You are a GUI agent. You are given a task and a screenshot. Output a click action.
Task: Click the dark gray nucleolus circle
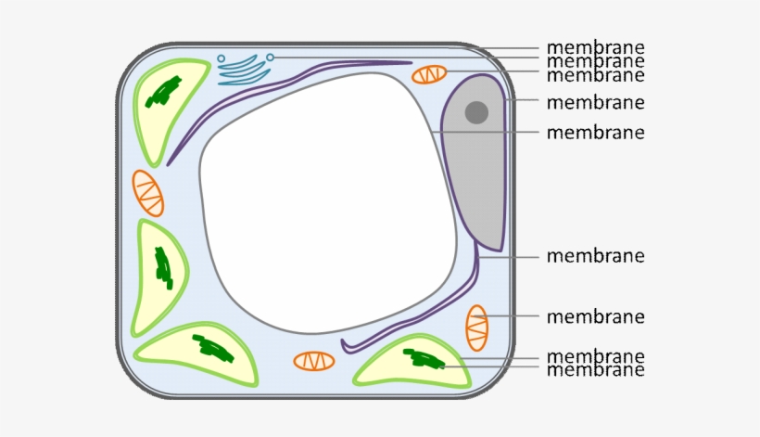[x=476, y=112]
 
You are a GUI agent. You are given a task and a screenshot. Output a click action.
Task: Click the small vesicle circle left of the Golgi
[x=221, y=58]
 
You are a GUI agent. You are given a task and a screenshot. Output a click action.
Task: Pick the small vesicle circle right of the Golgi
[x=270, y=58]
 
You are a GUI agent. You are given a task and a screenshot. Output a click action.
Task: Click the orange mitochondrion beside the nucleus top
[x=429, y=74]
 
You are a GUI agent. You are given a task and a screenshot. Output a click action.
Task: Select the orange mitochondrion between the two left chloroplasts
[x=148, y=193]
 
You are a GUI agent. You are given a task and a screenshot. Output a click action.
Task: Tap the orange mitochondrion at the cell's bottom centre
[x=314, y=361]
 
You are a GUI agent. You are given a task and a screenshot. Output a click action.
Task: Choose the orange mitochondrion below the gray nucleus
[x=476, y=328]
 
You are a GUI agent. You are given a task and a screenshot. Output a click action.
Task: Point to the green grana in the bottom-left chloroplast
[x=214, y=348]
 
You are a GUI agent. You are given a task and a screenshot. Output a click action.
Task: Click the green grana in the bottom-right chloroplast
[x=423, y=358]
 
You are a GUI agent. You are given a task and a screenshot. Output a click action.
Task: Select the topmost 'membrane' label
[x=595, y=47]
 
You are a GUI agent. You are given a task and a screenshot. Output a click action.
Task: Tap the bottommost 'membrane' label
[x=595, y=370]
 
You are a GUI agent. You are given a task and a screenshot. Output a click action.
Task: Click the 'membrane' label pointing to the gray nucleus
[x=595, y=102]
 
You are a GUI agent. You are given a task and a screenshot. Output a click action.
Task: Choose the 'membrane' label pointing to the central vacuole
[x=595, y=132]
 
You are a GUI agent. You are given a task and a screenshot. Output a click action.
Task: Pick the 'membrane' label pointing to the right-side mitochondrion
[x=595, y=316]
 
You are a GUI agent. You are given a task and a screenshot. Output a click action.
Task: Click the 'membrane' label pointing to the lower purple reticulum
[x=595, y=255]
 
